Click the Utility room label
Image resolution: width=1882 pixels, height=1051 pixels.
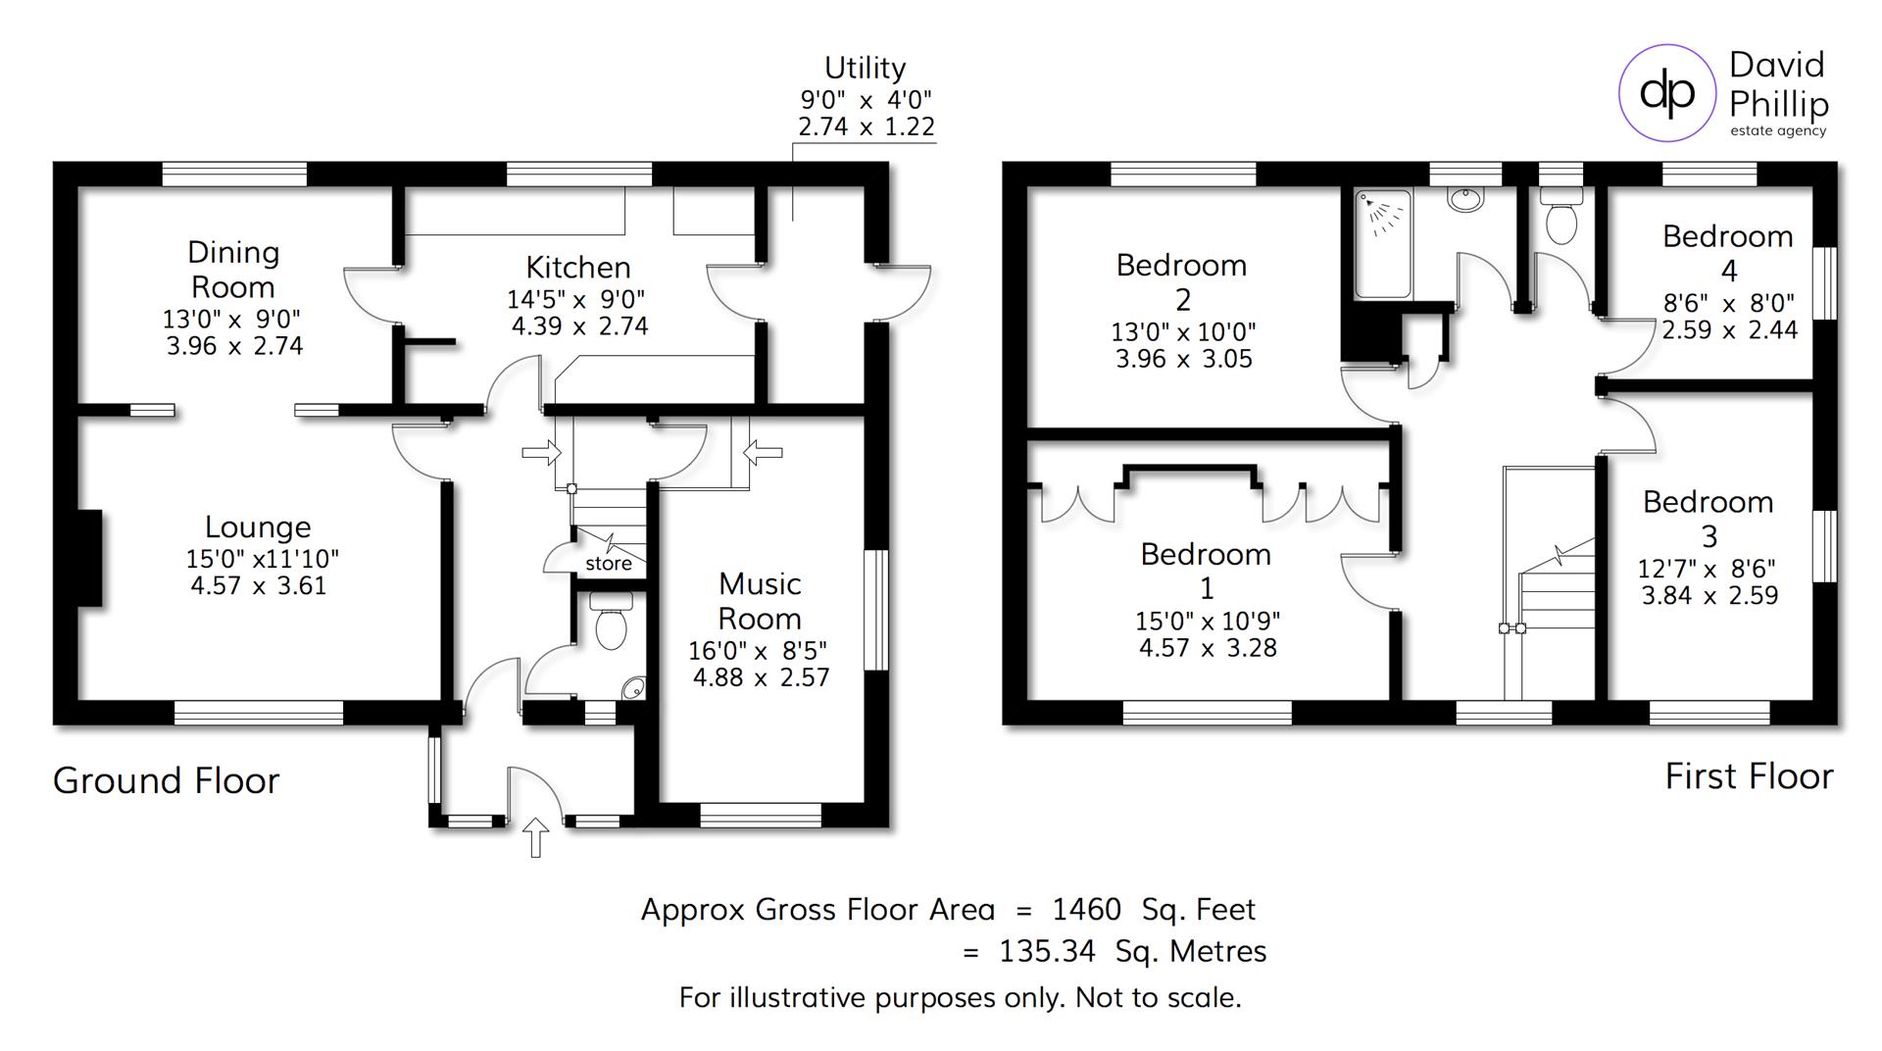865,68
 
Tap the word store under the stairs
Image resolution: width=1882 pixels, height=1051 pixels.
609,564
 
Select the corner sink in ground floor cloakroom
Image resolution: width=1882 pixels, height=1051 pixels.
633,688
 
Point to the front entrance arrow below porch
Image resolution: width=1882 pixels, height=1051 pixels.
535,837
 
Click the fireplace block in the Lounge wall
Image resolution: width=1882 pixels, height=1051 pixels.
90,558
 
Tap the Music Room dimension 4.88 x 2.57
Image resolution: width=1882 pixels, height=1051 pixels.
761,677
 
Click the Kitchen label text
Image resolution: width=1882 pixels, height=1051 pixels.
577,268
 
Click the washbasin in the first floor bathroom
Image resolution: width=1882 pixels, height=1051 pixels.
1465,199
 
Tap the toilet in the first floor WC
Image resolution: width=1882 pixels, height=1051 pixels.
1561,222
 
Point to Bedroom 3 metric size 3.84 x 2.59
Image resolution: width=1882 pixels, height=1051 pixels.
1709,595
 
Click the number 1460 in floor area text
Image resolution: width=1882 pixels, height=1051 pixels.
1086,910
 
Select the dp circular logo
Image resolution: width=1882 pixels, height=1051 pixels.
1666,93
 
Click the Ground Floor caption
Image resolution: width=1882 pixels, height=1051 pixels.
166,780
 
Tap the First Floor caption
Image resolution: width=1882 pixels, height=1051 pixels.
1749,776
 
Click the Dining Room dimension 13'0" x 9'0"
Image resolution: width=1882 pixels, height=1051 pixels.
232,319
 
